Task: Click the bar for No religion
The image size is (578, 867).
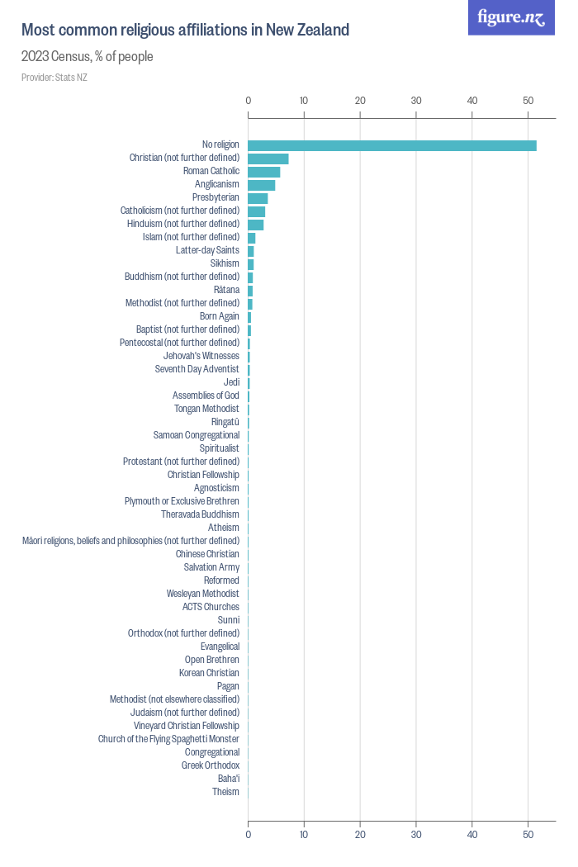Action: (392, 145)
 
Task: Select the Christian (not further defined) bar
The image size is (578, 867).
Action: (268, 159)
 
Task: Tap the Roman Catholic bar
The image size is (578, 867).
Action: (264, 172)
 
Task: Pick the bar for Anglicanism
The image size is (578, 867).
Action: (262, 185)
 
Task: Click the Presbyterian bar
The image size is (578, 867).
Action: (258, 198)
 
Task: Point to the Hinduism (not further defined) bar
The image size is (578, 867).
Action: (256, 225)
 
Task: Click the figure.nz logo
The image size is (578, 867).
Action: (511, 18)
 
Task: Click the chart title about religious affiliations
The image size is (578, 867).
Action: (185, 31)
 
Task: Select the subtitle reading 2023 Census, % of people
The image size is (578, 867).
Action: (87, 57)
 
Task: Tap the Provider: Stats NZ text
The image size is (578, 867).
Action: (54, 78)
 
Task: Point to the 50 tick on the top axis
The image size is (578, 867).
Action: (528, 101)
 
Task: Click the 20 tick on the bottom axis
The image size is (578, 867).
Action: (360, 834)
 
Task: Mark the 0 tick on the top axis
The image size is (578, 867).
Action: (249, 101)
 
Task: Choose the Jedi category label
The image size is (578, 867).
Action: (231, 382)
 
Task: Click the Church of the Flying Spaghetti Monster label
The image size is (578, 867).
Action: (168, 739)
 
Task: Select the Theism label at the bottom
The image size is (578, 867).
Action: (225, 792)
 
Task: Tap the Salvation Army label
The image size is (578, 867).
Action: (211, 567)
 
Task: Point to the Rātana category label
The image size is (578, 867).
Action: (226, 290)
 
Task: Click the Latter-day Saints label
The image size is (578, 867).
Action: (207, 250)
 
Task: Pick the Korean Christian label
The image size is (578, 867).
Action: (209, 673)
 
